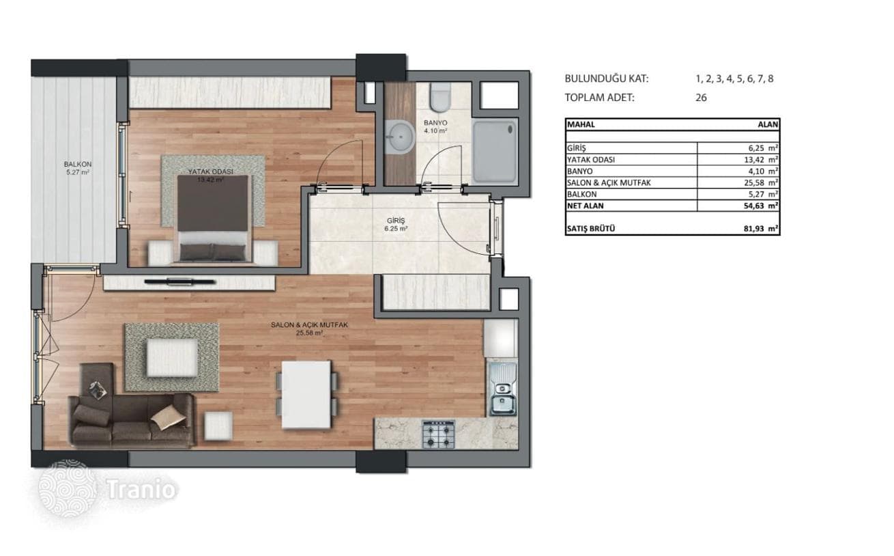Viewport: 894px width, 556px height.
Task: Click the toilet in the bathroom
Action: pyautogui.click(x=440, y=97)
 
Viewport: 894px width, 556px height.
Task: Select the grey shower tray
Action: pyautogui.click(x=494, y=152)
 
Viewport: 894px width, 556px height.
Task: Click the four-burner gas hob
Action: pyautogui.click(x=438, y=434)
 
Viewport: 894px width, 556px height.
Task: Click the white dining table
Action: pyautogui.click(x=306, y=395)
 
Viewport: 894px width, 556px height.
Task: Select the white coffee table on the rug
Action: pyautogui.click(x=173, y=357)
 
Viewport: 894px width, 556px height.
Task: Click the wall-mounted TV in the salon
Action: pyautogui.click(x=179, y=281)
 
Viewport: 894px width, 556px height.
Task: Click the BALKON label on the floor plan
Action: pyautogui.click(x=78, y=164)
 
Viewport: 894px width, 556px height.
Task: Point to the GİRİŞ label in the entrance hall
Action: pyautogui.click(x=396, y=221)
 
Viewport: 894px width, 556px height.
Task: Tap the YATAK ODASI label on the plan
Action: pyautogui.click(x=210, y=171)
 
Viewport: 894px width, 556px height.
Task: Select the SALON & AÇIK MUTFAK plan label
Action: pyautogui.click(x=309, y=325)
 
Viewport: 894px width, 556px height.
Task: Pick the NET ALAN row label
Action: pyautogui.click(x=586, y=206)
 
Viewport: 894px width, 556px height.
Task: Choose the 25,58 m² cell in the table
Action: pyautogui.click(x=763, y=183)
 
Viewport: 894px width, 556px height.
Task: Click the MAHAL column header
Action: pyautogui.click(x=581, y=124)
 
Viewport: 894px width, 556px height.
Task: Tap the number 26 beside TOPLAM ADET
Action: pyautogui.click(x=701, y=98)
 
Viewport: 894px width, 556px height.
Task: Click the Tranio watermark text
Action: pyautogui.click(x=141, y=489)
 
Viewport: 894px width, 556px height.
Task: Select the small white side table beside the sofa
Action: pyautogui.click(x=218, y=426)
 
